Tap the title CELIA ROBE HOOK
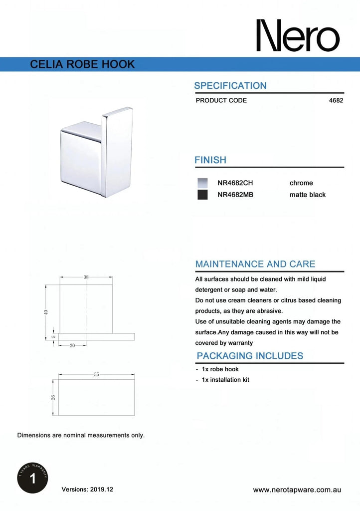pyautogui.click(x=82, y=65)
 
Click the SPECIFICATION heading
pyautogui.click(x=230, y=85)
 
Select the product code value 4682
pyautogui.click(x=337, y=100)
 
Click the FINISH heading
pyautogui.click(x=210, y=160)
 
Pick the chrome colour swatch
pyautogui.click(x=202, y=183)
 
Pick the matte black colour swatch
pyautogui.click(x=202, y=195)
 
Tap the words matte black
pyautogui.click(x=307, y=195)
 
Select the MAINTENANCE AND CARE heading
pyautogui.click(x=255, y=264)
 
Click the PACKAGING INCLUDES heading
pyautogui.click(x=250, y=356)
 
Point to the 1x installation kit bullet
pyautogui.click(x=225, y=380)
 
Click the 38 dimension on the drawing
pyautogui.click(x=86, y=277)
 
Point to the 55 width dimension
pyautogui.click(x=97, y=375)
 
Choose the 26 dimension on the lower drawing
pyautogui.click(x=53, y=397)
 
